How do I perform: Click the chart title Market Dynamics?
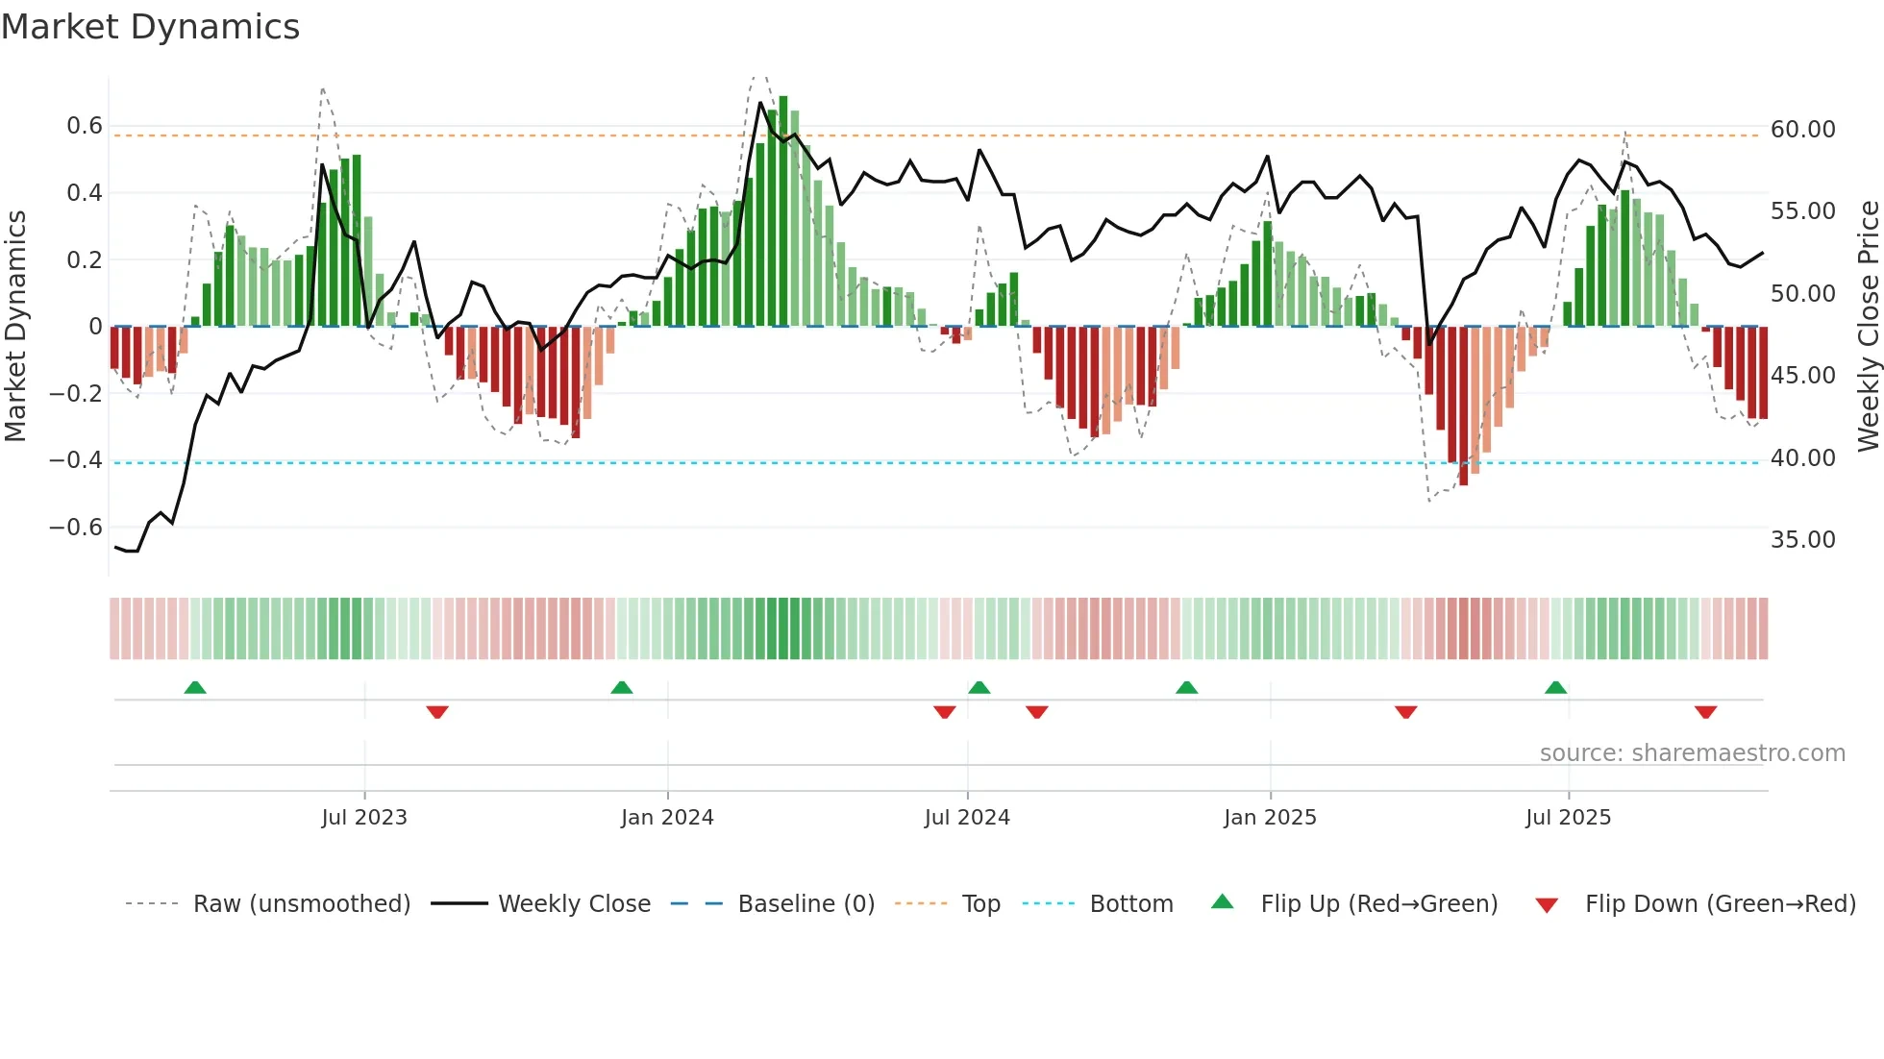click(151, 27)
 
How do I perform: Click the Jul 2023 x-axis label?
click(364, 818)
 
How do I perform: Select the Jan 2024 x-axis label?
click(667, 818)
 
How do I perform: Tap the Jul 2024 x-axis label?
click(967, 818)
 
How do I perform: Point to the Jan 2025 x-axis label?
click(1270, 818)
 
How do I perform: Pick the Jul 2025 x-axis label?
click(1568, 818)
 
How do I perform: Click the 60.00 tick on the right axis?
click(1802, 129)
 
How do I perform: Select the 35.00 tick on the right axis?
click(1802, 540)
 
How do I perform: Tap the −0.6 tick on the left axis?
click(76, 528)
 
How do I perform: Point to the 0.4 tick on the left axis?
click(84, 193)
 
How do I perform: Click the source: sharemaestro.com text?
click(1692, 753)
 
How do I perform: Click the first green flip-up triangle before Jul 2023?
click(195, 687)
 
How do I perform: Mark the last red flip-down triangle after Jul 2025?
click(1705, 712)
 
